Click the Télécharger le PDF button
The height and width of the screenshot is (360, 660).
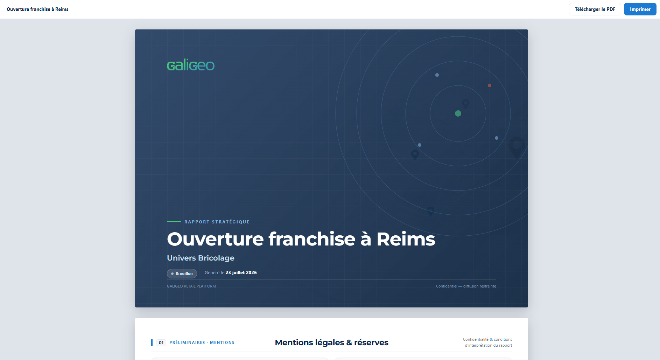coord(595,9)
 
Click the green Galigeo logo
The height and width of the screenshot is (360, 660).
coord(191,65)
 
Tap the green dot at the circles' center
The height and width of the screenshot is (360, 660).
coord(458,113)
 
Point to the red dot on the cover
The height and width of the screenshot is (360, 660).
coord(490,85)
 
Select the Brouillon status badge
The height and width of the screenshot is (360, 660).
coord(182,274)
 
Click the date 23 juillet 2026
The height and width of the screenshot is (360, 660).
coord(241,272)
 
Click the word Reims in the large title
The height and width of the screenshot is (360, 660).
coord(406,239)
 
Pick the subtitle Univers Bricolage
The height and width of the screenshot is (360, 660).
coord(201,258)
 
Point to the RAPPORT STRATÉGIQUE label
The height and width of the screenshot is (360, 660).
coord(217,222)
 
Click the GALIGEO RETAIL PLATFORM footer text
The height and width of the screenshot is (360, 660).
coord(191,286)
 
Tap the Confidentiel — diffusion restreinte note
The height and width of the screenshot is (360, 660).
coord(466,286)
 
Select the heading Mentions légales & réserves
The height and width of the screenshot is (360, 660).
coord(332,342)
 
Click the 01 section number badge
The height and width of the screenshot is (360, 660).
coord(161,342)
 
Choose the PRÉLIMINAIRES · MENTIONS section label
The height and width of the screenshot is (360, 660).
coord(202,342)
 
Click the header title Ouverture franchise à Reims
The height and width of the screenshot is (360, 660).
coord(37,9)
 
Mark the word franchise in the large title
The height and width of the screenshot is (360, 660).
coord(312,239)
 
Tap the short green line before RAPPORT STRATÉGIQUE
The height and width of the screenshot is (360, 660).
coord(174,222)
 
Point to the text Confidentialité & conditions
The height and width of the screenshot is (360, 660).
coord(487,339)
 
